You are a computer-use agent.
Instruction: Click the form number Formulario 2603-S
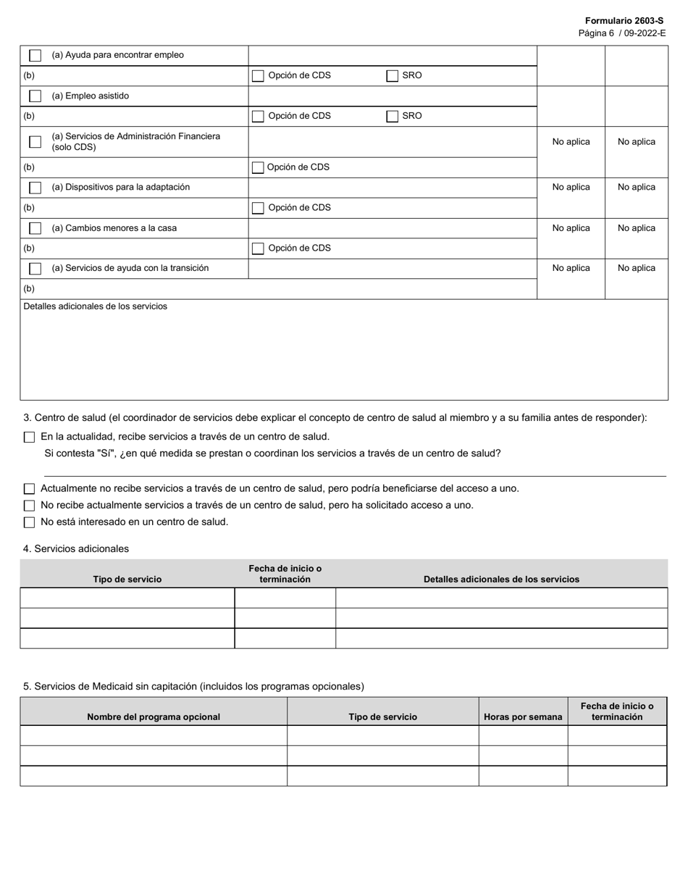click(x=624, y=21)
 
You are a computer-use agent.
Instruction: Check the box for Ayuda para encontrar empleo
click(x=35, y=55)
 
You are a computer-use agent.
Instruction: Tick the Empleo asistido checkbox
click(x=35, y=96)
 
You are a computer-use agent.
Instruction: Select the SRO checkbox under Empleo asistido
click(x=392, y=116)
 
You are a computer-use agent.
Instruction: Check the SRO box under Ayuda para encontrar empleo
click(x=392, y=75)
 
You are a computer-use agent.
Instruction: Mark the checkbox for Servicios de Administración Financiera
click(x=35, y=142)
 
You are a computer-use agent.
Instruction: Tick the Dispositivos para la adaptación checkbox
click(x=35, y=188)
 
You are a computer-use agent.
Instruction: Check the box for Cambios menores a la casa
click(x=35, y=228)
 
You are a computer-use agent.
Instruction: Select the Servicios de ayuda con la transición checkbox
click(x=35, y=269)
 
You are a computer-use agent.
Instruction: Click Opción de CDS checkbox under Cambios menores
click(x=258, y=248)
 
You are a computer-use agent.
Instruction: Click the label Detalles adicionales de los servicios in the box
click(x=95, y=306)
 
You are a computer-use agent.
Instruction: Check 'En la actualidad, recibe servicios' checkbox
click(x=29, y=437)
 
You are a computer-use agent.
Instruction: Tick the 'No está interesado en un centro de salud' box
click(x=29, y=522)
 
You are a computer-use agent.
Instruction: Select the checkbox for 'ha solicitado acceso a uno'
click(x=29, y=506)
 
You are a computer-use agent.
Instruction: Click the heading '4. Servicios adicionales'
click(x=76, y=549)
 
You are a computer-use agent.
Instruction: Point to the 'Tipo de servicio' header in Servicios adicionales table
click(x=127, y=580)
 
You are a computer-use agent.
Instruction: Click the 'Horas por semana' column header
click(x=523, y=717)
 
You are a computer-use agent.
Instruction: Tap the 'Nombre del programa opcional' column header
click(x=154, y=717)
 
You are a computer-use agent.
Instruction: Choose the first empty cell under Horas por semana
click(x=523, y=735)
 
